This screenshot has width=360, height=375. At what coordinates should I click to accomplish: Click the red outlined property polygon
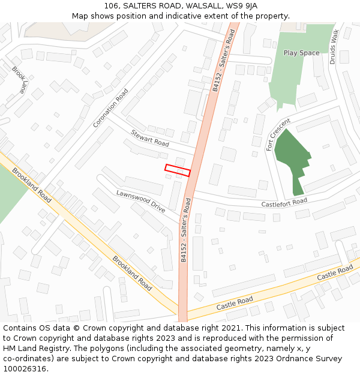click(178, 170)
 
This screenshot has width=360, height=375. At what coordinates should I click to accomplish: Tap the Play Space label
click(301, 53)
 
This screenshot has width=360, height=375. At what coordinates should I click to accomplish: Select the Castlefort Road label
click(284, 203)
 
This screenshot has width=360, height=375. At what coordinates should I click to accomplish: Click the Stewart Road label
click(149, 139)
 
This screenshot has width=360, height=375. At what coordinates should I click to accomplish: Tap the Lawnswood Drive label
click(140, 201)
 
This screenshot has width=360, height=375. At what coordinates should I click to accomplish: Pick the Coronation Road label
click(111, 108)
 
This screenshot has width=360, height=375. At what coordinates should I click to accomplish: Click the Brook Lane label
click(19, 79)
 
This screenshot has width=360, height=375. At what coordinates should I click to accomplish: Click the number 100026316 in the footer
click(24, 369)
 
